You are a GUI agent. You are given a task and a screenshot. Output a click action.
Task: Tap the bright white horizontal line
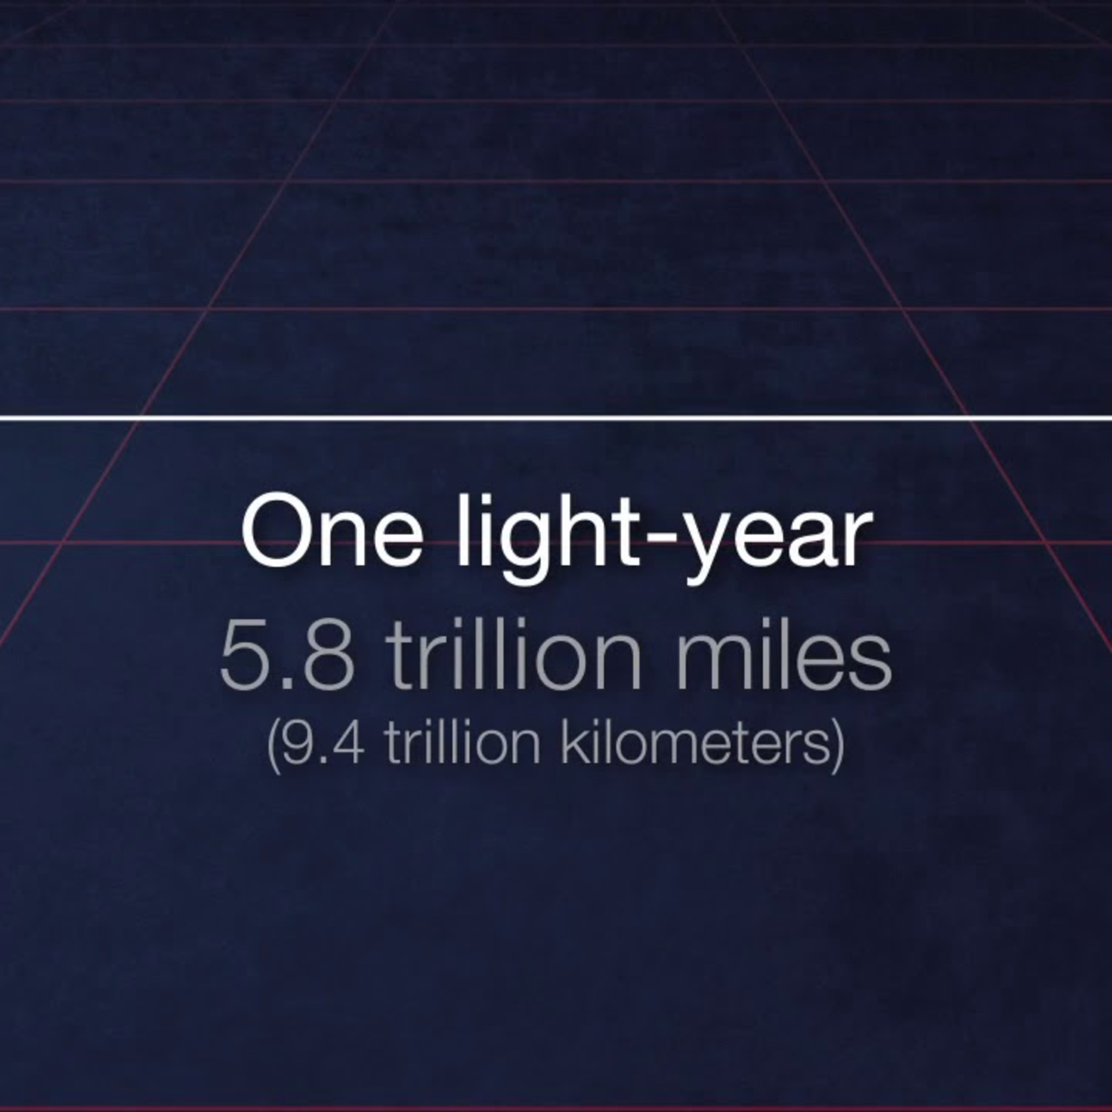point(556,418)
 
